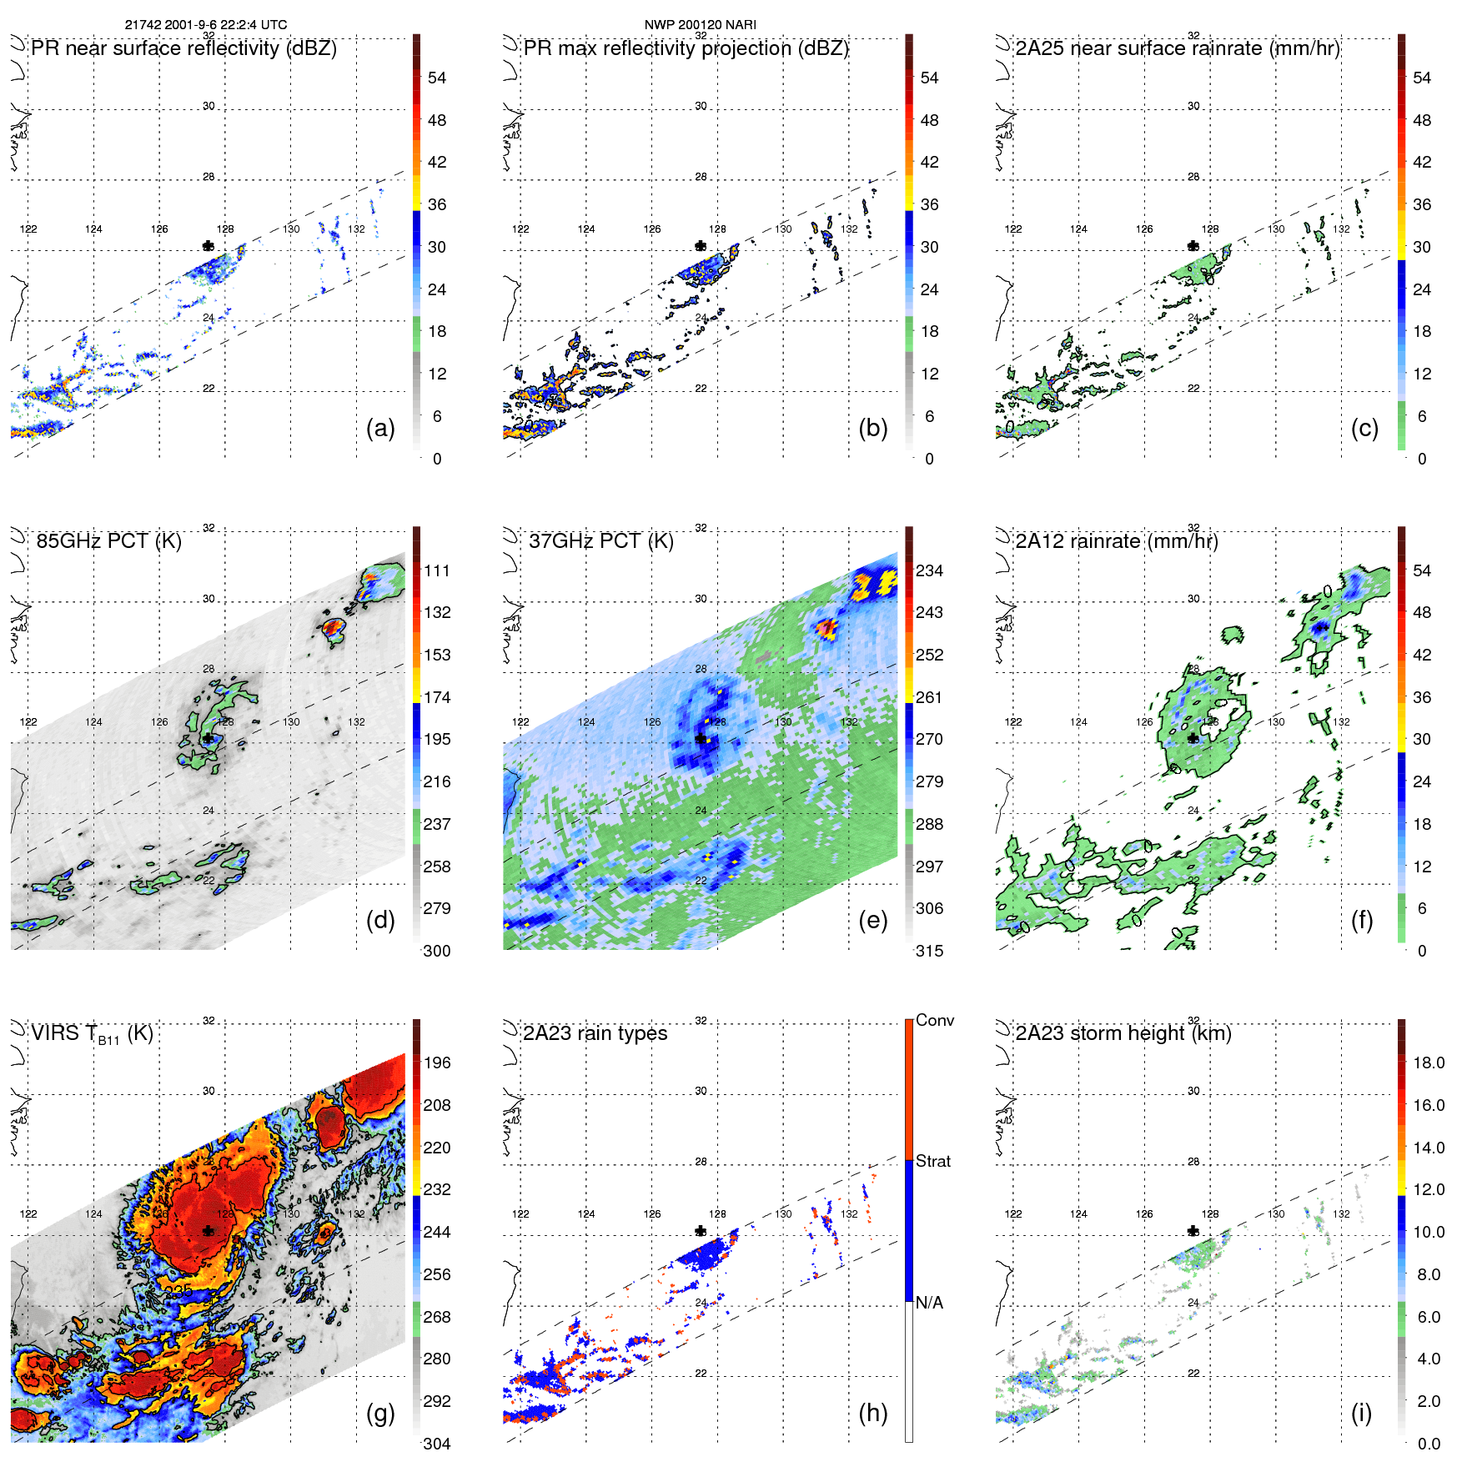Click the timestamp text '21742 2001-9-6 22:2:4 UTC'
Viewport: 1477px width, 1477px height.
pos(205,24)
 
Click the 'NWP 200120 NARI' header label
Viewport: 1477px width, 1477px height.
pos(700,24)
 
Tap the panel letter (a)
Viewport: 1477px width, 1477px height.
pos(380,428)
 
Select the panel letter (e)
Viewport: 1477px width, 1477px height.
pos(872,920)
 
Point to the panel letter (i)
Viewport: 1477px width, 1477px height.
pos(1361,1413)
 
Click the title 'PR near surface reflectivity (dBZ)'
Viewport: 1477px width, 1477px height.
pos(183,48)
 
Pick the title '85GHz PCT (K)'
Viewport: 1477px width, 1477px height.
pos(108,540)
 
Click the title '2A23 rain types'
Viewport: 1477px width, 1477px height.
pos(595,1033)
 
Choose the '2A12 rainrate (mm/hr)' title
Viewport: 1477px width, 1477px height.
pos(1116,540)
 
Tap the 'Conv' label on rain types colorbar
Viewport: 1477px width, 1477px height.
pos(934,1020)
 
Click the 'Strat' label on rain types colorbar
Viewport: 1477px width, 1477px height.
pos(932,1161)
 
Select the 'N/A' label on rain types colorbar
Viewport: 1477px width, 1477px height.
pos(929,1303)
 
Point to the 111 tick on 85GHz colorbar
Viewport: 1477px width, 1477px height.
pos(436,570)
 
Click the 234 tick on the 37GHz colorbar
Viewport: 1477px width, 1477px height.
pos(929,570)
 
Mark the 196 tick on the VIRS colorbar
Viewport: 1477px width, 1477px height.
pos(436,1063)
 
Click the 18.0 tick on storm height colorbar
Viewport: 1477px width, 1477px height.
pos(1428,1063)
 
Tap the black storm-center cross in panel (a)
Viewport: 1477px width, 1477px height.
pos(208,245)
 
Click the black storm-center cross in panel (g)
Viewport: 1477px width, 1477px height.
pos(208,1231)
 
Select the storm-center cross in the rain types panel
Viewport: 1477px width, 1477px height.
pos(701,1231)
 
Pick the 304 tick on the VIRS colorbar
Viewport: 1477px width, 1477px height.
pos(436,1444)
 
